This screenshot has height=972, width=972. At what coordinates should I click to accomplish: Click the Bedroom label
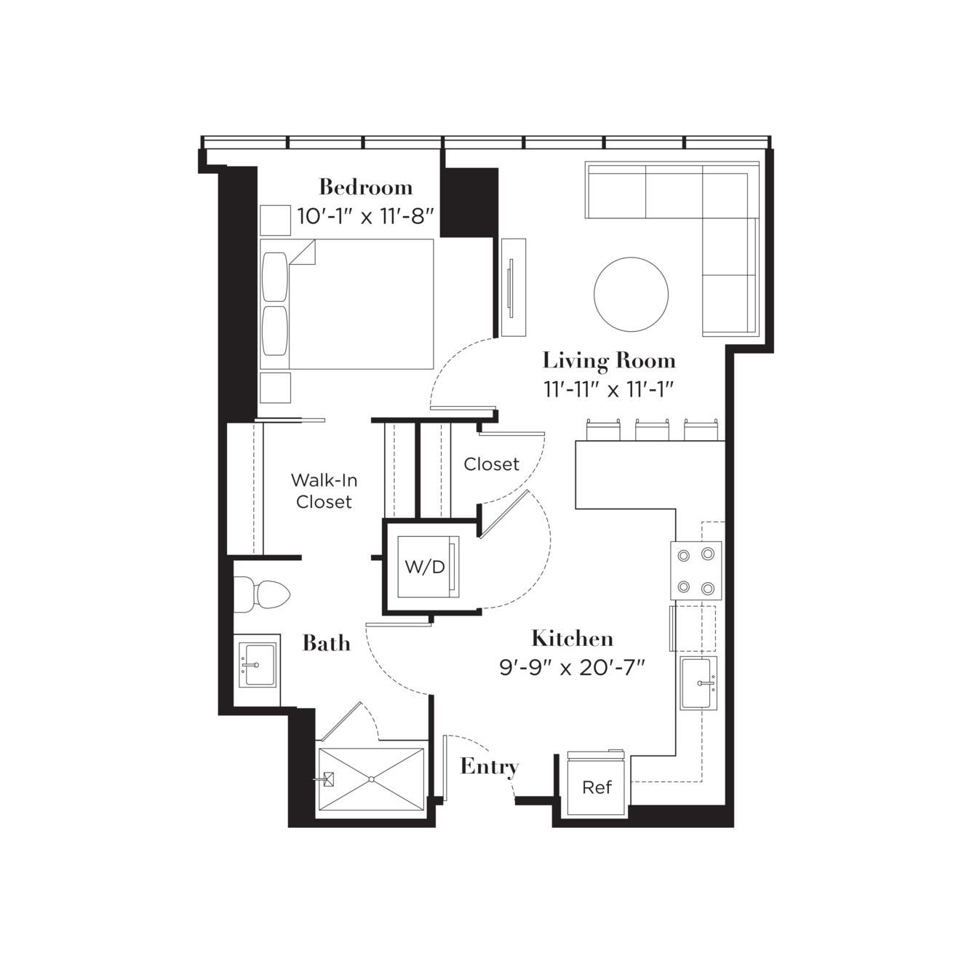pyautogui.click(x=366, y=187)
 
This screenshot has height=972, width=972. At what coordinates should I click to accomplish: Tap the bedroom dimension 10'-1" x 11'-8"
pyautogui.click(x=366, y=216)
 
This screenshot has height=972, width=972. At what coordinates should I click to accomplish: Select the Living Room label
pyautogui.click(x=609, y=360)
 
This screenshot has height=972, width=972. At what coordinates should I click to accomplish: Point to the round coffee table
pyautogui.click(x=631, y=294)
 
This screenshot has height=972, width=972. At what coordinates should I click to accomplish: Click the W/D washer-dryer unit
pyautogui.click(x=429, y=567)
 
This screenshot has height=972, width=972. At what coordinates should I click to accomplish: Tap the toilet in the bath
pyautogui.click(x=261, y=594)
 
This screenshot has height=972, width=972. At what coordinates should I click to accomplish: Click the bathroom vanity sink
pyautogui.click(x=258, y=665)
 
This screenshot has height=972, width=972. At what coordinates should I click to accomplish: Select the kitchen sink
pyautogui.click(x=698, y=683)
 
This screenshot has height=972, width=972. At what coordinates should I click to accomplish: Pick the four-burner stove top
pyautogui.click(x=696, y=570)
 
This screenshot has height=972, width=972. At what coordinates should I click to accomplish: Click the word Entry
pyautogui.click(x=490, y=767)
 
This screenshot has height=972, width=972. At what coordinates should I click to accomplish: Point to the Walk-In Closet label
pyautogui.click(x=324, y=491)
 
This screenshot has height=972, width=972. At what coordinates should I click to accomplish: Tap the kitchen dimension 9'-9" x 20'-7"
pyautogui.click(x=572, y=669)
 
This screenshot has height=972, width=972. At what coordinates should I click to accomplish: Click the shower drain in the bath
pyautogui.click(x=371, y=779)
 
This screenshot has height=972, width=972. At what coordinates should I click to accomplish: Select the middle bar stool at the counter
pyautogui.click(x=652, y=429)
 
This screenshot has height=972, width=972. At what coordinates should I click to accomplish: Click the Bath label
pyautogui.click(x=327, y=643)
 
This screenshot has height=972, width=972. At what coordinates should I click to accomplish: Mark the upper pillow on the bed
pyautogui.click(x=275, y=277)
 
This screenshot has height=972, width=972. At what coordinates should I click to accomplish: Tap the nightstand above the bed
pyautogui.click(x=275, y=220)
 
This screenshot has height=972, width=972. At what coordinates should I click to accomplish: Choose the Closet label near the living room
pyautogui.click(x=491, y=464)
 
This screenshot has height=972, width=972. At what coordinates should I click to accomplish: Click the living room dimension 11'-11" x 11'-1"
pyautogui.click(x=609, y=389)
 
